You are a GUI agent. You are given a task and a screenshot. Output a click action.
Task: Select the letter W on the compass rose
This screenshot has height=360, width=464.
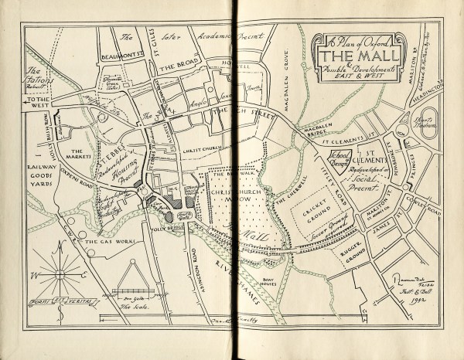coord(29,274)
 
